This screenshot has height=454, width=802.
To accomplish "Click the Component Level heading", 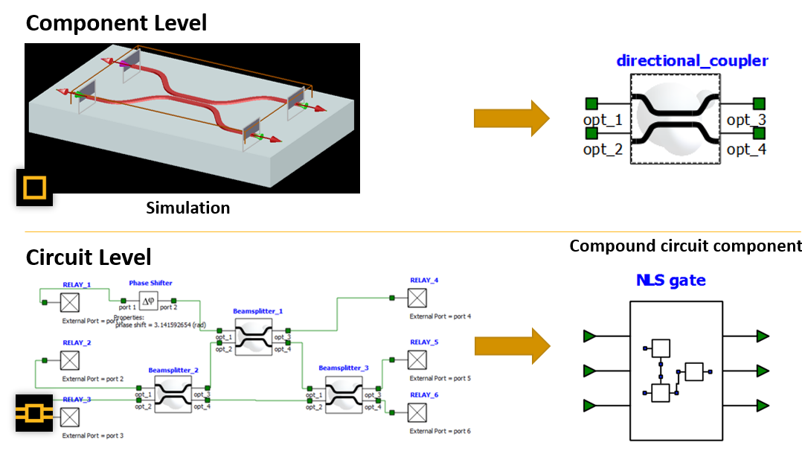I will click(116, 23).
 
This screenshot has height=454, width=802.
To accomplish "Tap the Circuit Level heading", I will click(89, 258).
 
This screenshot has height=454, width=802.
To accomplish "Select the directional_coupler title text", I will click(692, 61).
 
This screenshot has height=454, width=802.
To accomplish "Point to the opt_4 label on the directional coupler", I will click(746, 150).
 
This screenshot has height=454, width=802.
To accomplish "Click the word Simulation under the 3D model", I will click(187, 208).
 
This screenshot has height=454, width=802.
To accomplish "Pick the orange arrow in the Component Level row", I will click(511, 119).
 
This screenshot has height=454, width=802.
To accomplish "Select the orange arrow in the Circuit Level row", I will click(511, 346).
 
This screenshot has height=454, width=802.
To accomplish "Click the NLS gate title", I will click(670, 281).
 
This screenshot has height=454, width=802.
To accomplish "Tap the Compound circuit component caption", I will click(685, 246).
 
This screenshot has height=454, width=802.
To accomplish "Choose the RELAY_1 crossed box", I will click(71, 302).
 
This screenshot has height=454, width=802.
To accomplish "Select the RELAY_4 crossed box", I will click(417, 298).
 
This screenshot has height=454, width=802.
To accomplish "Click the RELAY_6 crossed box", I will click(417, 412).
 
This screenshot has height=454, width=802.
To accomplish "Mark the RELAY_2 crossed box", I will click(71, 360).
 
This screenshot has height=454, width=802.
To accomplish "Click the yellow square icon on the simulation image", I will click(34, 187).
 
